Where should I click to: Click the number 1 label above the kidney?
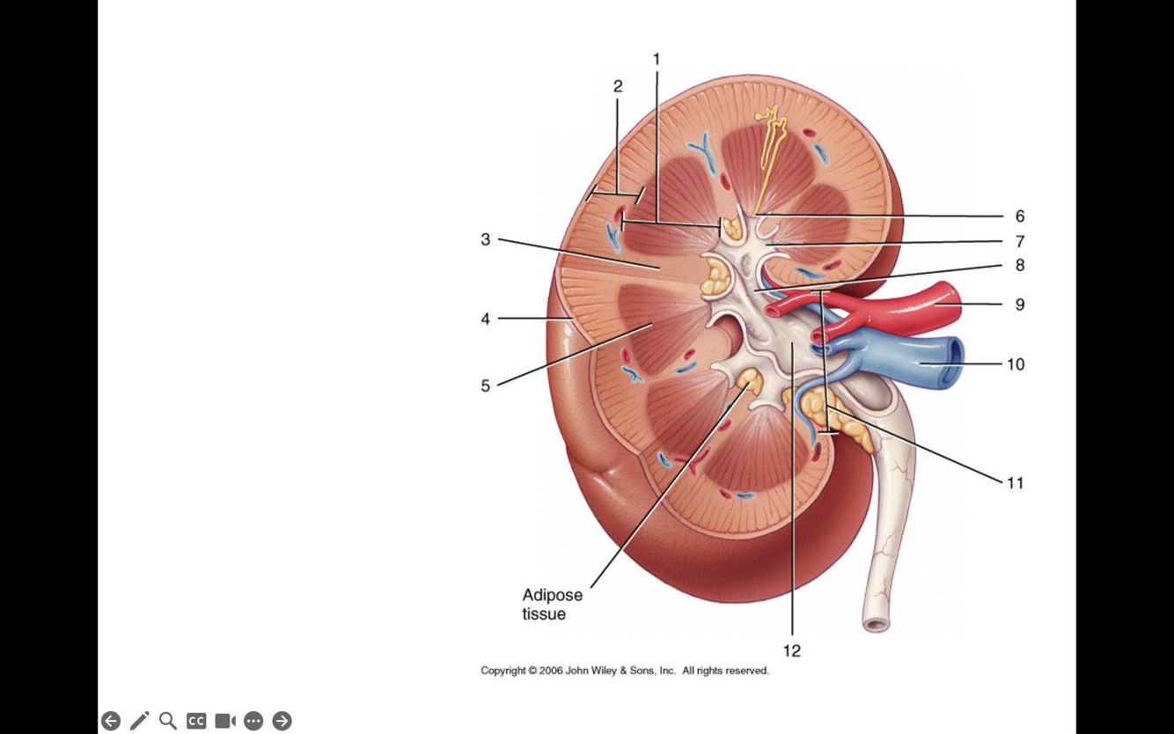tap(656, 59)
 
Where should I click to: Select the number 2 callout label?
tap(618, 86)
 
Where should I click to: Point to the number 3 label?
tap(485, 239)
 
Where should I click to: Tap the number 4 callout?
tap(485, 319)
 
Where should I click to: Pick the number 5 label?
tap(485, 385)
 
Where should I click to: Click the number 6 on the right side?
tap(1019, 217)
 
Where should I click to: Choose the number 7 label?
tap(1019, 241)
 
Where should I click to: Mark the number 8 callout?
tap(1019, 265)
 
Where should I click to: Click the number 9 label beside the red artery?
tap(1019, 305)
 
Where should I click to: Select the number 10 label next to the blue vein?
tap(1016, 364)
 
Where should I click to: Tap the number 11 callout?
tap(1015, 483)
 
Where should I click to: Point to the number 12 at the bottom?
tap(792, 650)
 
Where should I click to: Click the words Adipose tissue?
tap(552, 605)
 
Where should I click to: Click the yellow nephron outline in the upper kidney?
tap(772, 132)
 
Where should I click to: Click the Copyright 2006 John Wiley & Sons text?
tap(624, 671)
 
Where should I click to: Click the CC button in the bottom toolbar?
tap(196, 721)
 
